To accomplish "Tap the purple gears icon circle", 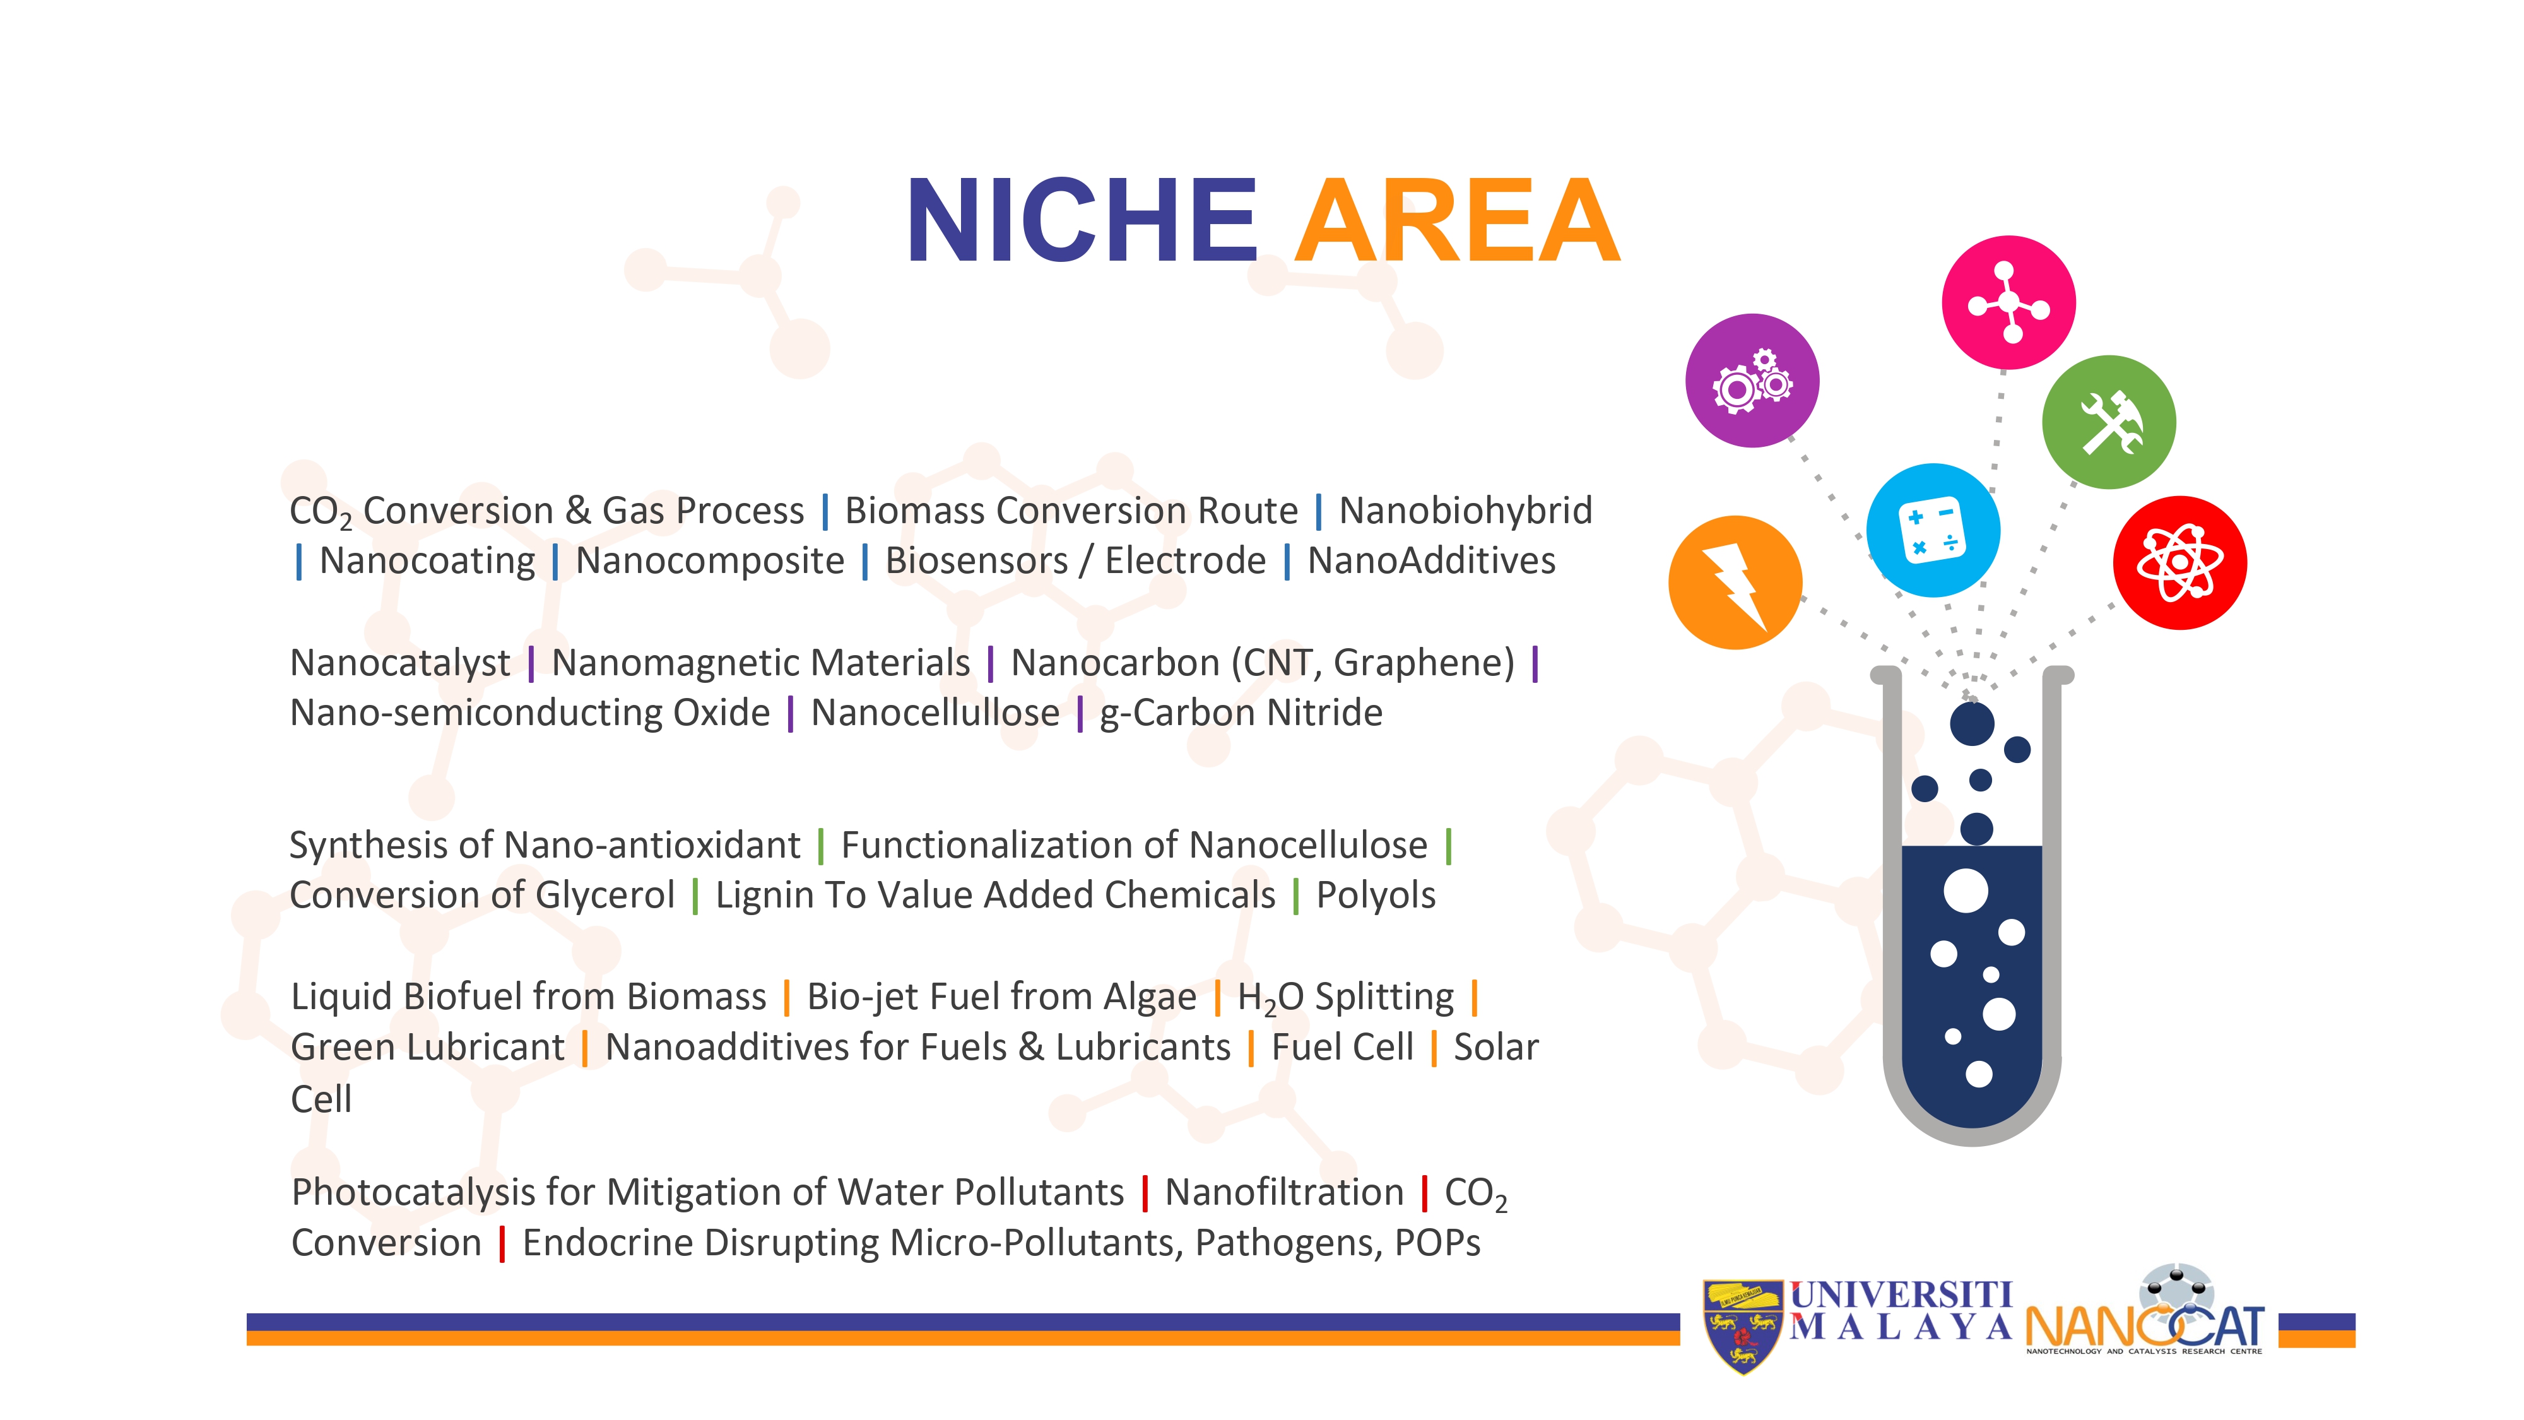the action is pyautogui.click(x=1752, y=380).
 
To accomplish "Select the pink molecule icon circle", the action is pyautogui.click(x=2008, y=303).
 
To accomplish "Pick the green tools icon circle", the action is pyautogui.click(x=2109, y=422).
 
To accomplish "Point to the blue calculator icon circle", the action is pyautogui.click(x=1933, y=530).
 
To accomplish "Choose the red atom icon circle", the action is pyautogui.click(x=2180, y=562).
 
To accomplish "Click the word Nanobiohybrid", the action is pyautogui.click(x=1466, y=511).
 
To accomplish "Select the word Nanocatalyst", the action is pyautogui.click(x=400, y=663).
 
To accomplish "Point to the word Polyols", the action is pyautogui.click(x=1376, y=896).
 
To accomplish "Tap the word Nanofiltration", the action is pyautogui.click(x=1285, y=1193).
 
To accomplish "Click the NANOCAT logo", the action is pyautogui.click(x=2145, y=1311).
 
